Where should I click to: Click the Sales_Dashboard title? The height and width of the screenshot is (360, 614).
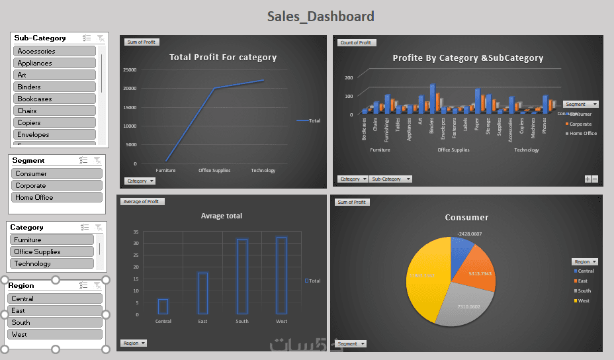320,17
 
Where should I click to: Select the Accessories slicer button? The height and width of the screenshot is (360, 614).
54,51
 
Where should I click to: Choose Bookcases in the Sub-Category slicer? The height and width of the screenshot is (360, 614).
54,99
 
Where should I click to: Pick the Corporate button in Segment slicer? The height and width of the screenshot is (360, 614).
57,185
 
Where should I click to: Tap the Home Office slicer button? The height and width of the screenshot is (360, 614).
57,197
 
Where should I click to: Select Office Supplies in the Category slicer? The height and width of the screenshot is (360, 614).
53,251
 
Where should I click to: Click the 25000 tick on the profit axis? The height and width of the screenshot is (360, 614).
130,69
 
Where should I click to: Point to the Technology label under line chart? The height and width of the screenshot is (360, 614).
263,171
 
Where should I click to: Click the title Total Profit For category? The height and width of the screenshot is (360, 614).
223,58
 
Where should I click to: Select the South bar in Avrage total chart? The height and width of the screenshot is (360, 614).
242,277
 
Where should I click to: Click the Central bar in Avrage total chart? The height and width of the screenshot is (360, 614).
163,306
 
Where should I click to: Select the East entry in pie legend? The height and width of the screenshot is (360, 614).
582,281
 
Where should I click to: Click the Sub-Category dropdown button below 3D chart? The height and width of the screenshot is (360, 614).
390,179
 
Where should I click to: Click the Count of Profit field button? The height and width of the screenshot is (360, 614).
357,43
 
